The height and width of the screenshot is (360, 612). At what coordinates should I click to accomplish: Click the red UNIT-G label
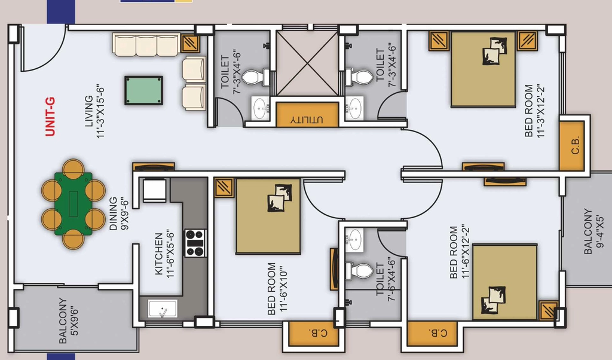[x=50, y=117]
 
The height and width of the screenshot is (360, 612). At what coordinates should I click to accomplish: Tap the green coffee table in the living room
[x=143, y=90]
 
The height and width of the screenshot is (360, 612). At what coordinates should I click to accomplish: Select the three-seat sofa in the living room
[x=146, y=44]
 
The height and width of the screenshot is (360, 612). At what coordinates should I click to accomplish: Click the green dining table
[x=74, y=204]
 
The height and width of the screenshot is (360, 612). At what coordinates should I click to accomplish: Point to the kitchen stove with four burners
[x=195, y=243]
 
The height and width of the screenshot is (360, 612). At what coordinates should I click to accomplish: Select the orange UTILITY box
[x=307, y=114]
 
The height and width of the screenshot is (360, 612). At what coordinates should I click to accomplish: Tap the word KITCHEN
[x=158, y=254]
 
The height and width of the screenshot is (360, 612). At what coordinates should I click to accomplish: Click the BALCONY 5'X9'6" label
[x=68, y=321]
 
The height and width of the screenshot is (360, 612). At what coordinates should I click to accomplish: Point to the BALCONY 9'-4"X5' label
[x=593, y=231]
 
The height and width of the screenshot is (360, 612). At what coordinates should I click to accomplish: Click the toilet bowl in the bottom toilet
[x=359, y=270]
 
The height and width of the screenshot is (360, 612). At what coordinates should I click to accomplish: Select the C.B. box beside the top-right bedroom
[x=572, y=145]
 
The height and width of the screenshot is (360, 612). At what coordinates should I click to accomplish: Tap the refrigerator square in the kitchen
[x=155, y=190]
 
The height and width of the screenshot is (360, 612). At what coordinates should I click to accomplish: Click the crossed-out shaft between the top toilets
[x=307, y=63]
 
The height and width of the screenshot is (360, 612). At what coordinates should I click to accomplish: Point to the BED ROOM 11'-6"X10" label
[x=277, y=288]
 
